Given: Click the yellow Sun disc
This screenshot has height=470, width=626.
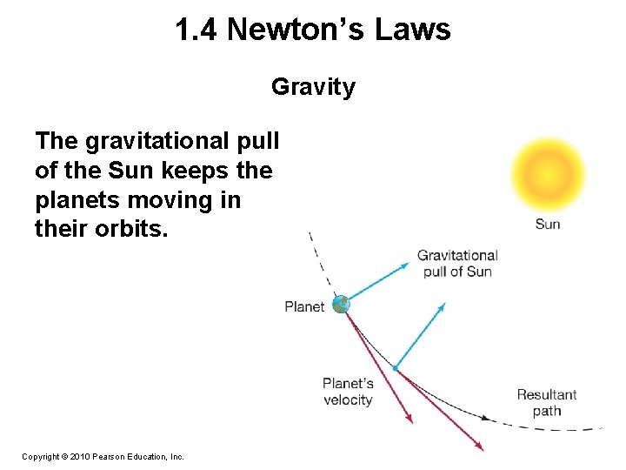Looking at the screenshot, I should [x=548, y=171].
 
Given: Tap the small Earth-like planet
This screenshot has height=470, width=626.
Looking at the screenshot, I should [x=341, y=305].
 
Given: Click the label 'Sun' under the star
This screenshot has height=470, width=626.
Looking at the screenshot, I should [x=548, y=224].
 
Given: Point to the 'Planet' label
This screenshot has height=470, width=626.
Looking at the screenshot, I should [x=304, y=306].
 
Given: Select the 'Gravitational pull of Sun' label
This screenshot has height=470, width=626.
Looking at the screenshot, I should [x=457, y=263].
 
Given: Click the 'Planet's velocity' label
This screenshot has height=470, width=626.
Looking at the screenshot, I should [x=348, y=392].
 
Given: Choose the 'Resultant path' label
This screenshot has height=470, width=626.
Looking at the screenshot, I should [x=547, y=403].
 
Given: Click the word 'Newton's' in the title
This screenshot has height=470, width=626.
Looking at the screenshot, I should [x=295, y=30].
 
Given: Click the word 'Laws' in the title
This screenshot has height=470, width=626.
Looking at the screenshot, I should [x=413, y=30].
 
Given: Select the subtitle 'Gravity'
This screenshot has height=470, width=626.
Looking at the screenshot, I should [x=313, y=87].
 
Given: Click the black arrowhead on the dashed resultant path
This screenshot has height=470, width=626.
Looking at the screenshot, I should [x=489, y=419].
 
